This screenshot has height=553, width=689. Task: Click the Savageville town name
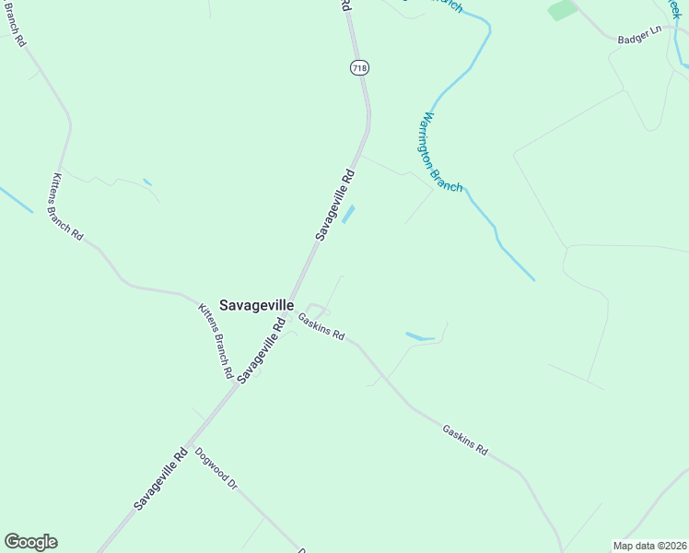(x=257, y=305)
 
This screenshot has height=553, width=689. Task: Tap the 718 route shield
(x=359, y=67)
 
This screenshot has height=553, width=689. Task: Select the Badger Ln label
(x=641, y=31)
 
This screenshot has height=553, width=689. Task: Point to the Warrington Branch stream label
(x=441, y=152)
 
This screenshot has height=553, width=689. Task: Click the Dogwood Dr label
(x=216, y=469)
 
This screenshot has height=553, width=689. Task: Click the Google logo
(x=30, y=542)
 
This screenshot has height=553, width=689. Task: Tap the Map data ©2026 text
(x=649, y=546)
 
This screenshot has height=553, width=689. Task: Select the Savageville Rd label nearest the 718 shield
(x=335, y=204)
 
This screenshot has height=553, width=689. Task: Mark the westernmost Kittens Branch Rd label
(x=67, y=206)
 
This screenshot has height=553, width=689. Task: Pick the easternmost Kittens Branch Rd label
(x=214, y=340)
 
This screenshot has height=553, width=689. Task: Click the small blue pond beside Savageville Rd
(x=348, y=214)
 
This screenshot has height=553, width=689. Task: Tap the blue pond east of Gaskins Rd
(x=419, y=336)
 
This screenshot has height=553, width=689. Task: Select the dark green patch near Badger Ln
(x=562, y=10)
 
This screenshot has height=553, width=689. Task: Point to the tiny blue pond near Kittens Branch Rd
(x=147, y=182)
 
